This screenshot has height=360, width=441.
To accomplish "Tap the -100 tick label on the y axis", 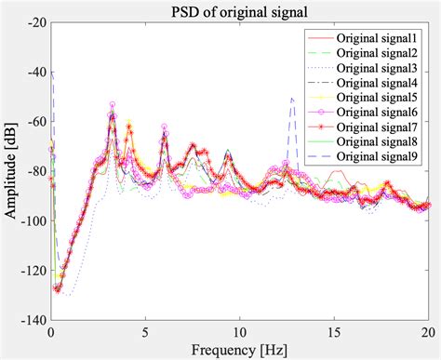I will click(x=33, y=221).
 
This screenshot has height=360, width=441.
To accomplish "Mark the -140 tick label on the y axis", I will click(x=33, y=319).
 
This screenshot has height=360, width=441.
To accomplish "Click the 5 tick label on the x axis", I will click(x=145, y=332).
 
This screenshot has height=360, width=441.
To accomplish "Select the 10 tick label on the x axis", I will click(x=239, y=332).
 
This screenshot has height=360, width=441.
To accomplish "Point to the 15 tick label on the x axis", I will click(x=334, y=332).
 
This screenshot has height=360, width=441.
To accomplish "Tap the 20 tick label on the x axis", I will click(x=428, y=332).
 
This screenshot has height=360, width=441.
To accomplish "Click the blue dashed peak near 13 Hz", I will click(x=292, y=99).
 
